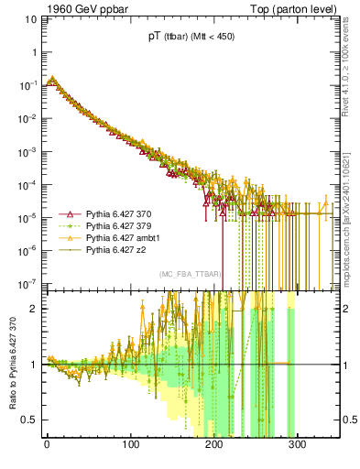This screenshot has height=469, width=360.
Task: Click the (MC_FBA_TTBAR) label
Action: tap(187, 274)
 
